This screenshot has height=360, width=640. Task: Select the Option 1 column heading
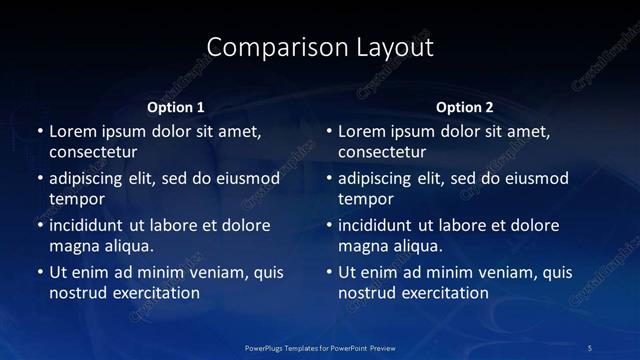[x=176, y=107]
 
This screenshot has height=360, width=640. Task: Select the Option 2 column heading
[x=465, y=107]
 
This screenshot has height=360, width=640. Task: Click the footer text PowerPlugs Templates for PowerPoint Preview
[x=320, y=346]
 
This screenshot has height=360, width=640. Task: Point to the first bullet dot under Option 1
[x=40, y=131]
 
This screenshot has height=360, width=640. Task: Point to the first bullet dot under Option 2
[x=329, y=131]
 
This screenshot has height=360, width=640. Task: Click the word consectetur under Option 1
[x=93, y=152]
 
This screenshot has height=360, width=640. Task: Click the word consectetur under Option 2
[x=382, y=152]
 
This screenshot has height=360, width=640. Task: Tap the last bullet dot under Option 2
[x=329, y=272]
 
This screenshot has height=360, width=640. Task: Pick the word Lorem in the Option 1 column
[x=72, y=131]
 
